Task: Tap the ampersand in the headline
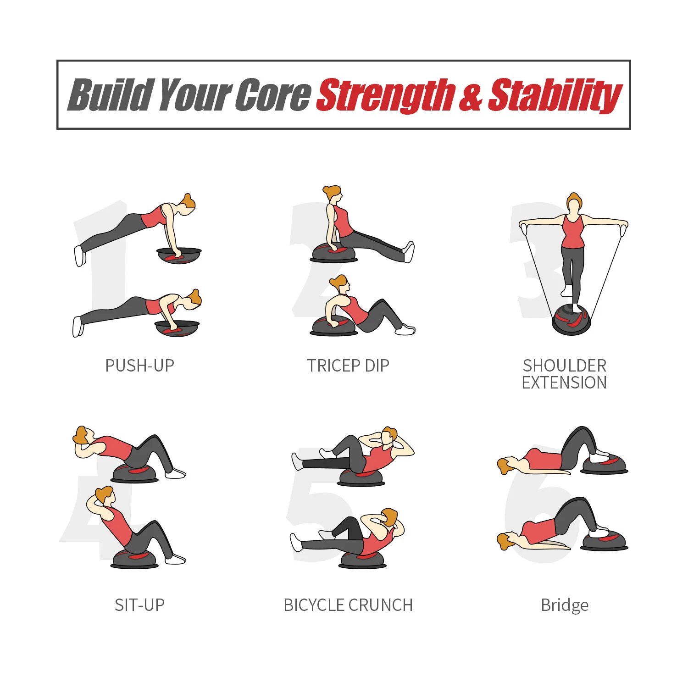471,95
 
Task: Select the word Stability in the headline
555,95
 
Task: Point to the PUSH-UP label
140,366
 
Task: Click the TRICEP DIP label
348,366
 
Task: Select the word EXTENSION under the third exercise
564,383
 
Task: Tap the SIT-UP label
139,605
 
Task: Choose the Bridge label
565,605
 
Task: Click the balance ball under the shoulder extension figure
571,320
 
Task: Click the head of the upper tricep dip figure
333,194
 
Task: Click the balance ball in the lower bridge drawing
605,541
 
